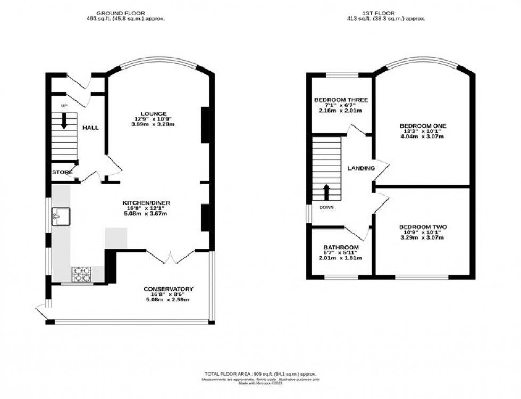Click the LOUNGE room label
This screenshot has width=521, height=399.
[154, 113]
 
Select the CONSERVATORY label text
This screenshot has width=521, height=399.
[168, 289]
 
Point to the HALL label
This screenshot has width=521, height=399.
[90, 128]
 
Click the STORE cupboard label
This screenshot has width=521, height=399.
[62, 172]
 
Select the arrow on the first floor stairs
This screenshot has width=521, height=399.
[326, 191]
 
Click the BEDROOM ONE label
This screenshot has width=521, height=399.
[423, 126]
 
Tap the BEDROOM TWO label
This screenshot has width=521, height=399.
[423, 227]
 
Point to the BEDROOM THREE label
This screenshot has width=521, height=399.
[341, 100]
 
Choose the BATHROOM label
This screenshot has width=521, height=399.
[341, 248]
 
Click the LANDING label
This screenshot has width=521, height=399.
[362, 168]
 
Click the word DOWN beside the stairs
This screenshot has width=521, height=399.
[326, 207]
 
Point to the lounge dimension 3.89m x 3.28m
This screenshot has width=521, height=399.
[154, 124]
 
